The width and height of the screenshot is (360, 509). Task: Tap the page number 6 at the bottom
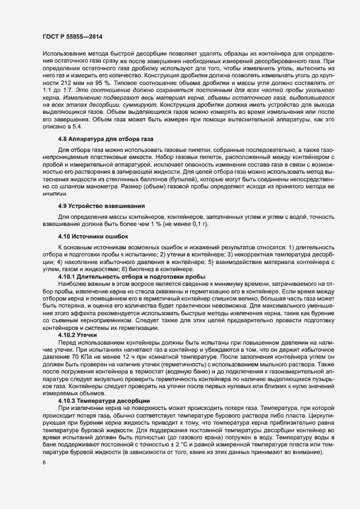[x=44, y=463]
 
